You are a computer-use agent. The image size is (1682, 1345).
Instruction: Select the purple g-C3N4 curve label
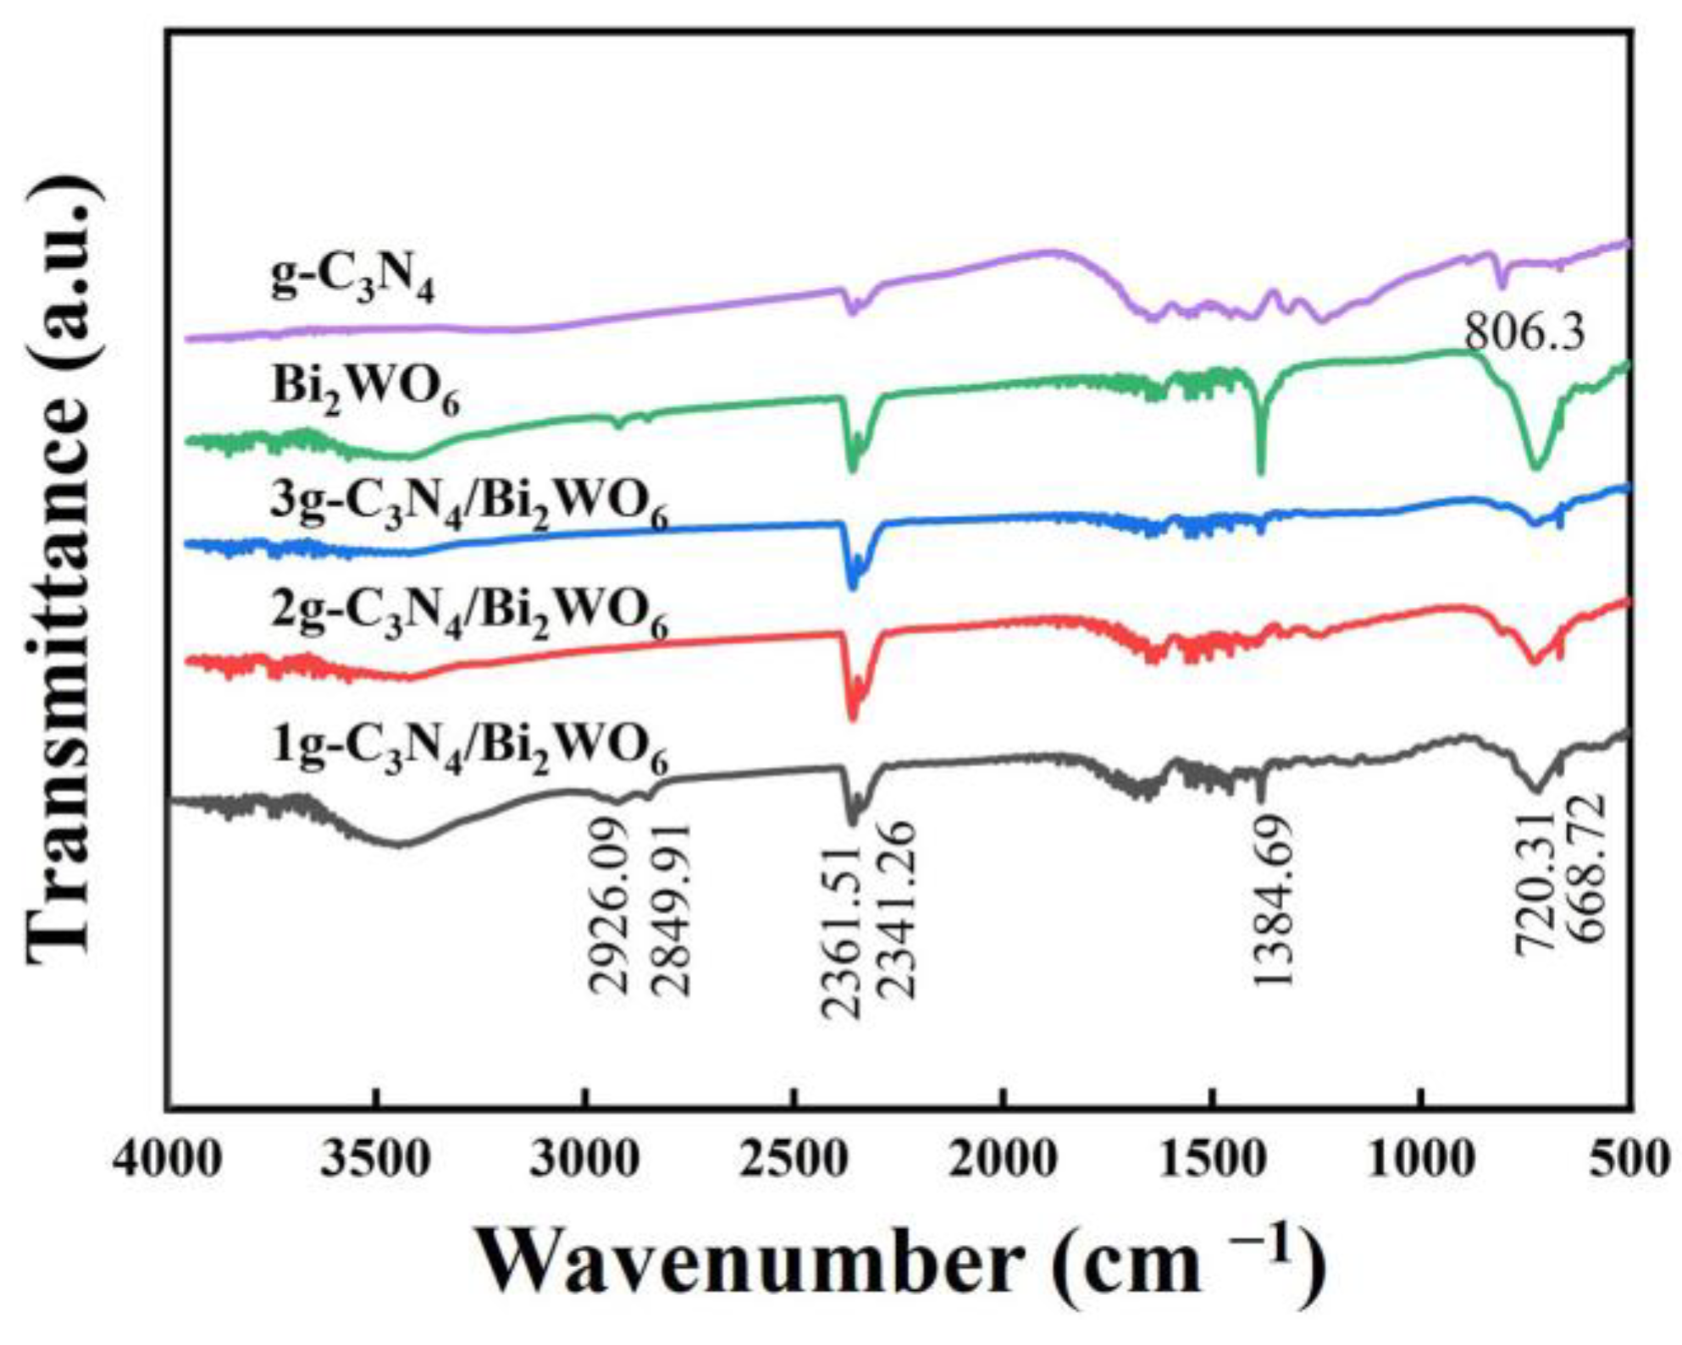pyautogui.click(x=352, y=281)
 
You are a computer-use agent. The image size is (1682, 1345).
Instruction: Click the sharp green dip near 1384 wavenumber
pyautogui.click(x=1260, y=470)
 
